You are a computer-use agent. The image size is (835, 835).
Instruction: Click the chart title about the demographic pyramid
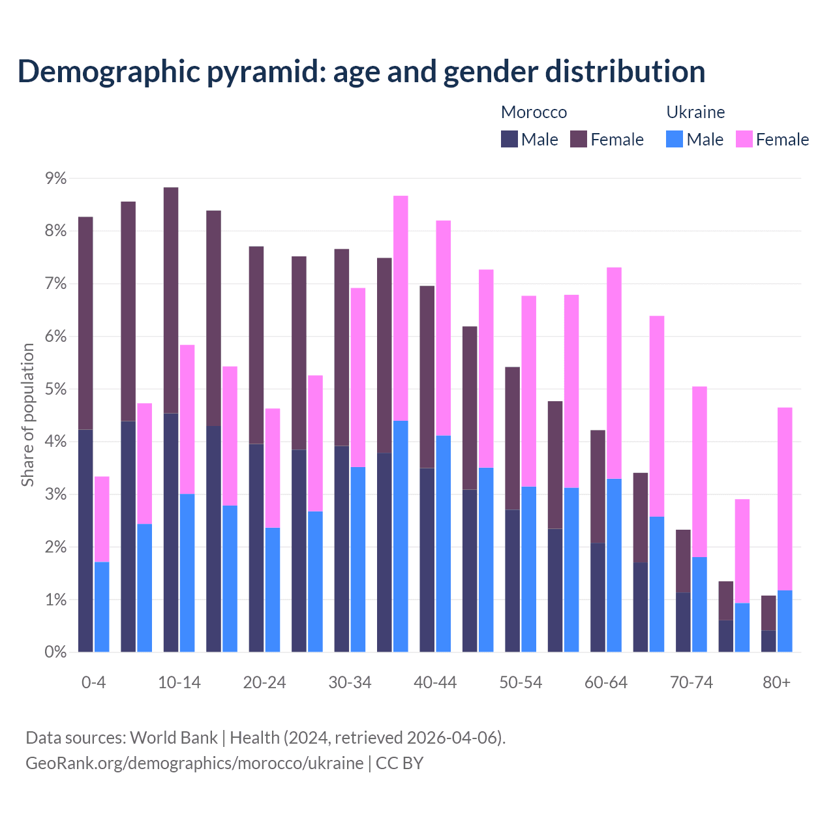361,72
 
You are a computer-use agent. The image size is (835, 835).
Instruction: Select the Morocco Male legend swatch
509,139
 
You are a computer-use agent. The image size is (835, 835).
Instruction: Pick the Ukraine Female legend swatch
744,139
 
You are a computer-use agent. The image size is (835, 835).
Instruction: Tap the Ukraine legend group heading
695,112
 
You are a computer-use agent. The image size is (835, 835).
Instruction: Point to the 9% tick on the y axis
55,178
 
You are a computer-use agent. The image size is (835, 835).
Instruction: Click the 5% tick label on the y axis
55,389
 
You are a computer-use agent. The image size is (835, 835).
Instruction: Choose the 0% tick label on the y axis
55,652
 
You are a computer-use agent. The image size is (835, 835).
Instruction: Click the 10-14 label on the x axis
179,682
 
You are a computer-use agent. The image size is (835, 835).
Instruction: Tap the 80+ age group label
776,682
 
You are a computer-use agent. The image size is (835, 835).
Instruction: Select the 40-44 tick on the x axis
435,682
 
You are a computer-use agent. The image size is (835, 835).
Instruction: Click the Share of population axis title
27,415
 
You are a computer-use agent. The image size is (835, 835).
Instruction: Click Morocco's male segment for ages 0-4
85,541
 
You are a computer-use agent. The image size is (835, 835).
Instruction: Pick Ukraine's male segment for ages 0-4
102,607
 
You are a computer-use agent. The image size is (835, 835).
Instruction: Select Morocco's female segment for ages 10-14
171,300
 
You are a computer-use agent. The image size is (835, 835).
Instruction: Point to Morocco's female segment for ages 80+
768,613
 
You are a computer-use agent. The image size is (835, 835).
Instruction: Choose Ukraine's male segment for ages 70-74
699,604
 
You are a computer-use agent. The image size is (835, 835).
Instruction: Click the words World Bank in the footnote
174,738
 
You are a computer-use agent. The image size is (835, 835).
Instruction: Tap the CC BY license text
400,763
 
